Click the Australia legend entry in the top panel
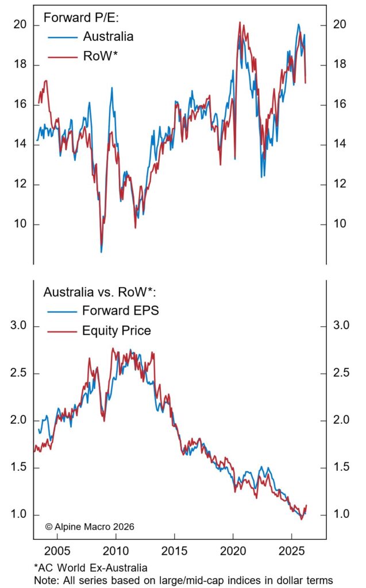(108, 37)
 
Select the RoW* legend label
(99, 56)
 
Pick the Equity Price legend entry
(117, 330)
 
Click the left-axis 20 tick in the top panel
(20, 25)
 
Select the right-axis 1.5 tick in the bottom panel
(341, 467)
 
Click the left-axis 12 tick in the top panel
(20, 184)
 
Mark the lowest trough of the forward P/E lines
(102, 251)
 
